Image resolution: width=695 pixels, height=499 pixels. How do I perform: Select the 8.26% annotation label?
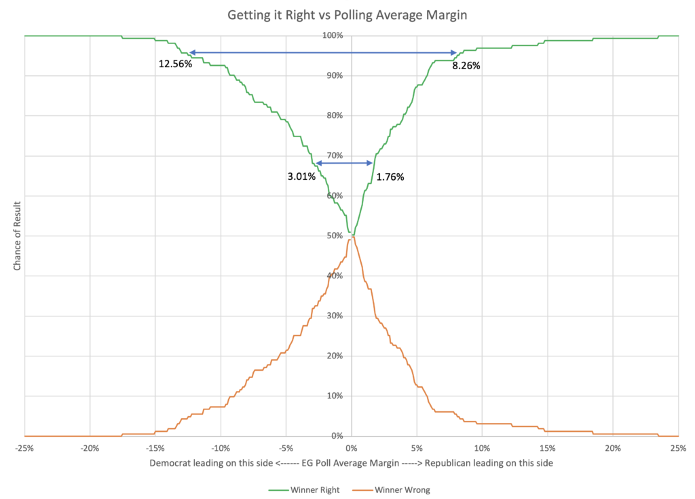(x=466, y=66)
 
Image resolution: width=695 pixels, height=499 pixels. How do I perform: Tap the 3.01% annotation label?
(x=301, y=177)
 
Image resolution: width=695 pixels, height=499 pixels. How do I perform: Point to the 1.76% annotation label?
(x=390, y=177)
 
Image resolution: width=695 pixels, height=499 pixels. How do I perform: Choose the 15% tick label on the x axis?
(x=548, y=448)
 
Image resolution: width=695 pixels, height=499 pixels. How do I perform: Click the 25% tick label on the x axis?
(x=678, y=448)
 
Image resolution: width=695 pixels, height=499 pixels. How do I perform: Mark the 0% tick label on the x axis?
(x=351, y=448)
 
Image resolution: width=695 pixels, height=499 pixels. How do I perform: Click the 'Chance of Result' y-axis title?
(x=17, y=236)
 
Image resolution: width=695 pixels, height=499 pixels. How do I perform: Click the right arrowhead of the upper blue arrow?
(x=454, y=52)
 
